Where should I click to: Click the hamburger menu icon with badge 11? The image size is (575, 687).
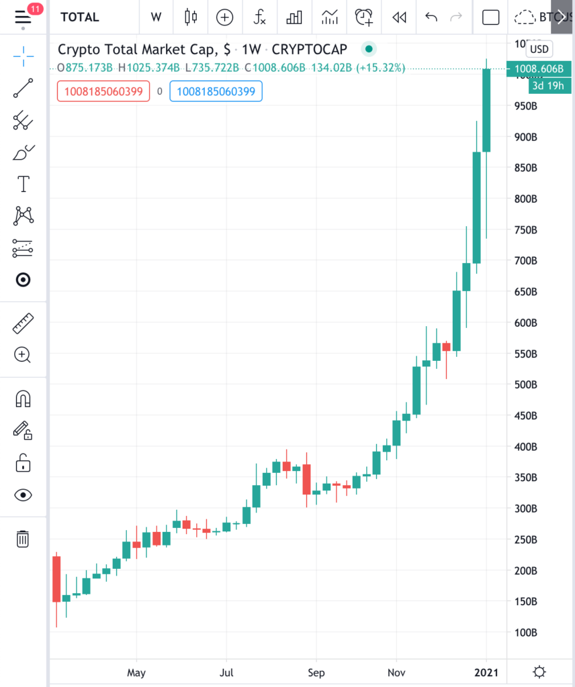pyautogui.click(x=23, y=17)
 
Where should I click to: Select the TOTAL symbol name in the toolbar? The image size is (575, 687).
pyautogui.click(x=80, y=17)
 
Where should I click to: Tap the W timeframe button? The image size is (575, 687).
pyautogui.click(x=156, y=17)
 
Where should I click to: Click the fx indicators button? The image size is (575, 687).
pyautogui.click(x=259, y=17)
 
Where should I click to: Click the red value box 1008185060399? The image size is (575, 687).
pyautogui.click(x=103, y=91)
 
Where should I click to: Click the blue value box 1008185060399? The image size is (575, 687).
pyautogui.click(x=216, y=91)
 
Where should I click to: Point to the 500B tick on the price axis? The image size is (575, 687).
pyautogui.click(x=526, y=385)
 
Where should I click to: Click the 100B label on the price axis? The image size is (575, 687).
pyautogui.click(x=526, y=633)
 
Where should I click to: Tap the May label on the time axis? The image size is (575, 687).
pyautogui.click(x=136, y=672)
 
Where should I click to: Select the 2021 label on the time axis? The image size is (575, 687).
pyautogui.click(x=486, y=672)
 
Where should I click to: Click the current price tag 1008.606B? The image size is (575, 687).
pyautogui.click(x=539, y=68)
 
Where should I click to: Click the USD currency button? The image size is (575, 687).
pyautogui.click(x=539, y=49)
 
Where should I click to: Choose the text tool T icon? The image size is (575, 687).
pyautogui.click(x=23, y=183)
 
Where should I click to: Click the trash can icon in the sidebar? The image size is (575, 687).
pyautogui.click(x=23, y=538)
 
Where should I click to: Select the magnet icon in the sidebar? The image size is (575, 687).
pyautogui.click(x=23, y=399)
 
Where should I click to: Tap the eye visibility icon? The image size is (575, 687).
pyautogui.click(x=23, y=495)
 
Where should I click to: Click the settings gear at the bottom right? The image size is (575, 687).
pyautogui.click(x=539, y=672)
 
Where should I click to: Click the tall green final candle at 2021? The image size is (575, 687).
pyautogui.click(x=486, y=111)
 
